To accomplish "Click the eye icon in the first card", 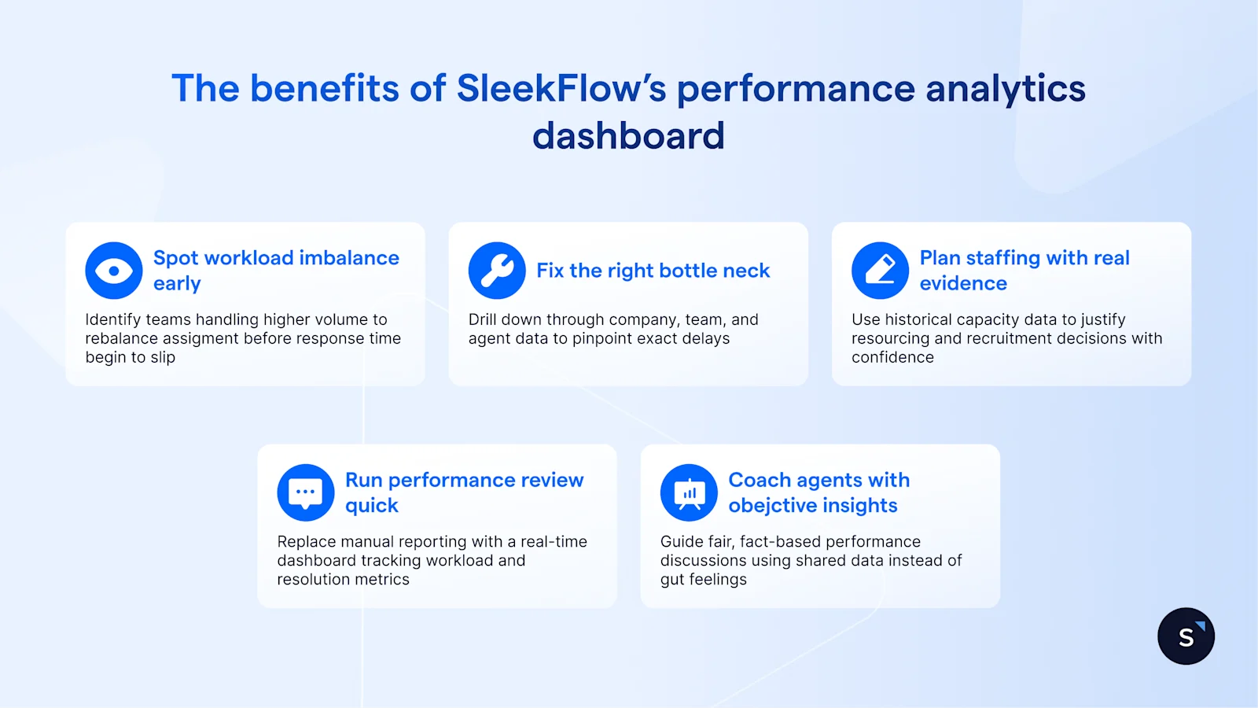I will pyautogui.click(x=114, y=271).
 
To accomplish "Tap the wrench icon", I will pyautogui.click(x=497, y=271).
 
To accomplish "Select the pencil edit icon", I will pyautogui.click(x=880, y=271).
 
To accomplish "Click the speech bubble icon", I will pyautogui.click(x=306, y=492).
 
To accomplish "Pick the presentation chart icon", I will pyautogui.click(x=689, y=492).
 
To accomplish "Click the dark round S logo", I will pyautogui.click(x=1186, y=636).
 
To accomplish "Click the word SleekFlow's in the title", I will pyautogui.click(x=561, y=88).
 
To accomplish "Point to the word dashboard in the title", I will pyautogui.click(x=628, y=135).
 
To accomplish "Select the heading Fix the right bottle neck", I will pyautogui.click(x=653, y=271).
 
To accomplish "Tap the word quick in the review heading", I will pyautogui.click(x=372, y=505).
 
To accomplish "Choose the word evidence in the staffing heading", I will pyautogui.click(x=963, y=283).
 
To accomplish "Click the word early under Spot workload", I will pyautogui.click(x=177, y=283).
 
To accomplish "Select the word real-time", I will pyautogui.click(x=554, y=541).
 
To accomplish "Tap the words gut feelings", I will pyautogui.click(x=704, y=579).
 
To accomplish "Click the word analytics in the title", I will pyautogui.click(x=1006, y=88).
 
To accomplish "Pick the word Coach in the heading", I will pyautogui.click(x=760, y=480).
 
